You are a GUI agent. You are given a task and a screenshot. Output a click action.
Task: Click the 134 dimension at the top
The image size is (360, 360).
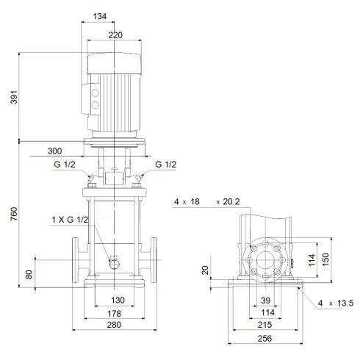point(109,17)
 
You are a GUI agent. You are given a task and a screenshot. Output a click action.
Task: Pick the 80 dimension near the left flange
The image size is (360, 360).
point(29,274)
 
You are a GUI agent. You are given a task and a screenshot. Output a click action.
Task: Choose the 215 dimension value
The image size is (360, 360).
point(264,323)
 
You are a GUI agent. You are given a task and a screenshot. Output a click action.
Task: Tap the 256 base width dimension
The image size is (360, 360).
point(264,339)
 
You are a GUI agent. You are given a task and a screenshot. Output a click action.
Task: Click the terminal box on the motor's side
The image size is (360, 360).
point(95,99)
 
